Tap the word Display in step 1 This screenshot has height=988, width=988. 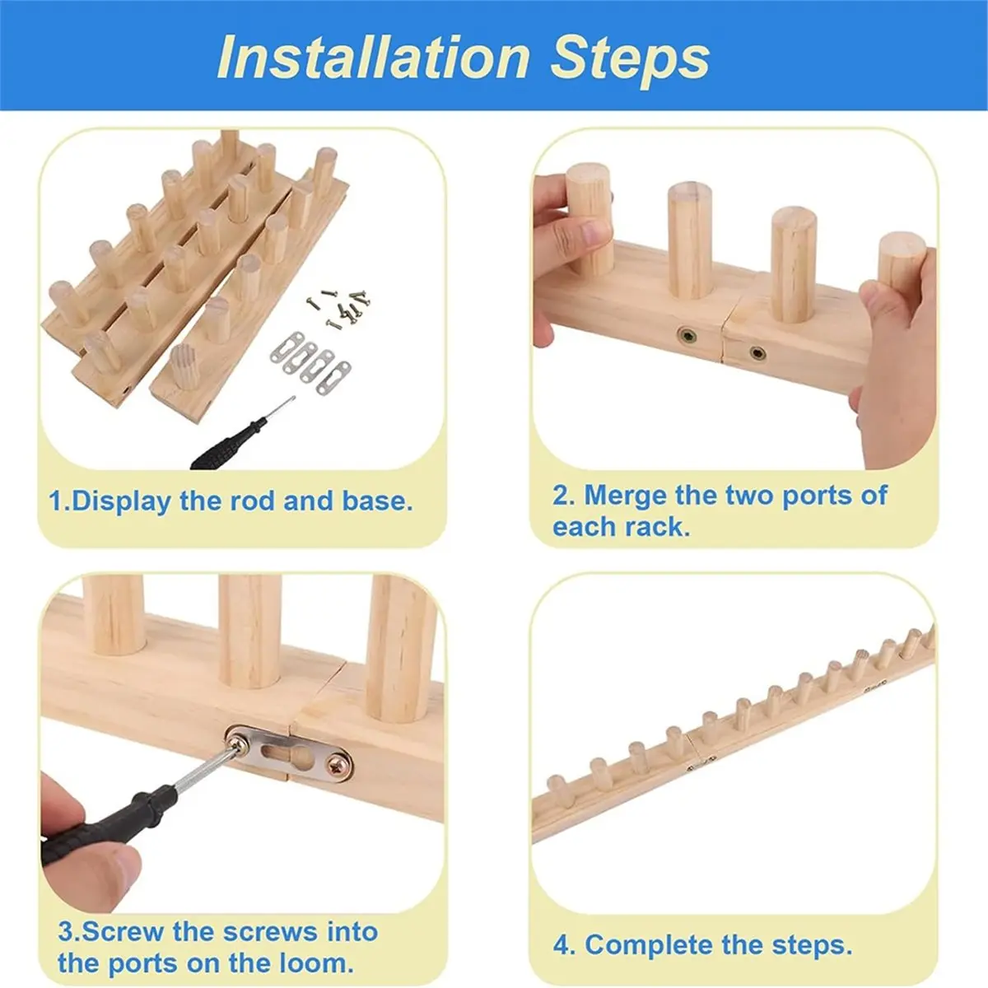[122, 502]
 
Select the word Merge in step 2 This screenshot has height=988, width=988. [625, 496]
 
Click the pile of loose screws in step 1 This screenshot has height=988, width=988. [339, 307]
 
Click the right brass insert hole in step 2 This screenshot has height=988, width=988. [757, 352]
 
